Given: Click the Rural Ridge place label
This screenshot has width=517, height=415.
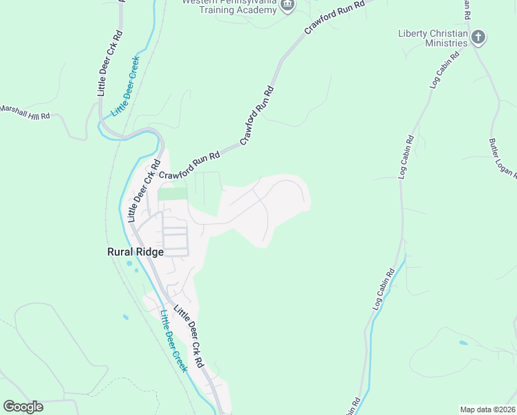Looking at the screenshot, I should pos(135,252).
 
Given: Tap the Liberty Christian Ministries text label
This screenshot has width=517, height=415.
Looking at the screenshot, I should pos(433,38).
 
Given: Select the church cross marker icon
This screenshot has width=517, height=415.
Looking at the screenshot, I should pos(478,37).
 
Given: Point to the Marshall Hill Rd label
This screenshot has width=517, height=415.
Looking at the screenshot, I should pos(26,112).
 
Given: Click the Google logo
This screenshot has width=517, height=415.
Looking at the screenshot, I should pos(23,407).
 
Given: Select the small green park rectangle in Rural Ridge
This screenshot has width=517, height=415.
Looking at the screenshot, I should pos(172,194).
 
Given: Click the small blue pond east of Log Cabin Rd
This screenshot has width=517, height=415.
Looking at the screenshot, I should pos(462,342).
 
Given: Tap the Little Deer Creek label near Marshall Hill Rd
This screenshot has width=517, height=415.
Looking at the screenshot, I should pos(126,86).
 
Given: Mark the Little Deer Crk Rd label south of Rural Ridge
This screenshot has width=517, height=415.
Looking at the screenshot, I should pos(189,336).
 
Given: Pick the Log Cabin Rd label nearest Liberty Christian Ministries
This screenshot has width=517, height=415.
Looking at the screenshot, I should pos(445,70).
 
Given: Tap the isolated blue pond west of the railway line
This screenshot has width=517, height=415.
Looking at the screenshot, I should pos(125,317).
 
